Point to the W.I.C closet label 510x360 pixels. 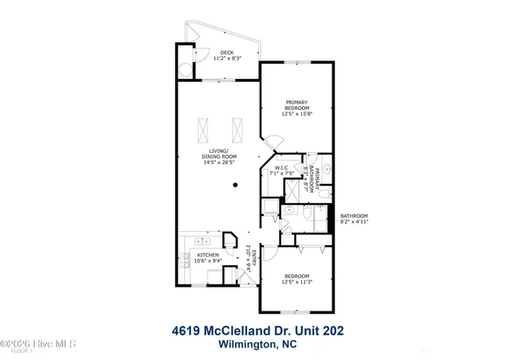tap(284, 168)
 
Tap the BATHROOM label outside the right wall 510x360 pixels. tap(354, 216)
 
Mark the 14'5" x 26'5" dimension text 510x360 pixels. tap(218, 162)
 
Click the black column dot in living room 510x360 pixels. tap(235, 186)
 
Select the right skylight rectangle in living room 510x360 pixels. tap(236, 127)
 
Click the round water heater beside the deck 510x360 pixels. tap(185, 69)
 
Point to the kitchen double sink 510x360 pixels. tap(200, 240)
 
